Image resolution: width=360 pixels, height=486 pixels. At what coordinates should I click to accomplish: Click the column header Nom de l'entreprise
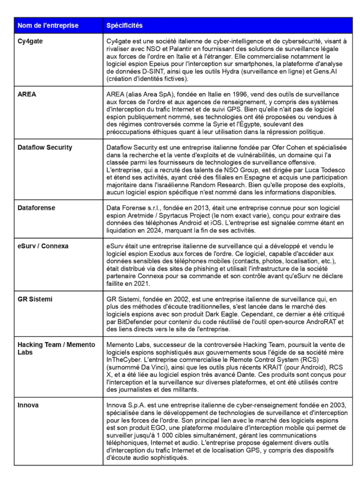point(48,25)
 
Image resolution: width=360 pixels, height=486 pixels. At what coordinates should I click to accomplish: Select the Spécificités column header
point(124,25)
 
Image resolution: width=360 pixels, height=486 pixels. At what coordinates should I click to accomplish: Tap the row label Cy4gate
point(30,41)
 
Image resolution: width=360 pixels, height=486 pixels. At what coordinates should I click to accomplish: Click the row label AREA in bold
point(27,94)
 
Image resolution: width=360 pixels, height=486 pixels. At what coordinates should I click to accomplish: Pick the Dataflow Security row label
point(45,148)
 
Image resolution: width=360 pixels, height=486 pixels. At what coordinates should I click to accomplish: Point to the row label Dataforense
point(36,208)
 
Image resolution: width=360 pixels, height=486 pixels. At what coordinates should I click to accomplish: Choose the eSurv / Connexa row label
point(43,246)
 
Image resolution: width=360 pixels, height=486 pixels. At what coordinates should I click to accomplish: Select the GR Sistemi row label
point(35,299)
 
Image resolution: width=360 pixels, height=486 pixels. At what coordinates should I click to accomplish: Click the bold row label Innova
point(28,405)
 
